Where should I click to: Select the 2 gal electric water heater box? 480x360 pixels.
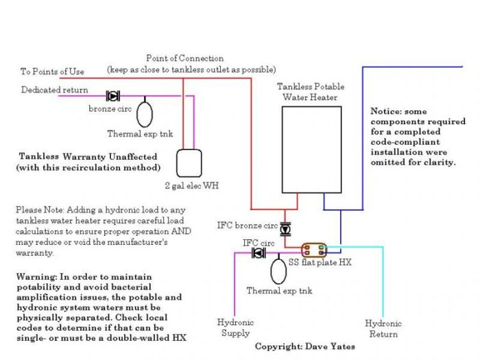tap(191, 163)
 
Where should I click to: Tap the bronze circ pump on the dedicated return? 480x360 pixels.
tap(112, 97)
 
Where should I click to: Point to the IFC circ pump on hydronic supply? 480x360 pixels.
tap(259, 254)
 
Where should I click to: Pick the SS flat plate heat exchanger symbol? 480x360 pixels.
tap(315, 250)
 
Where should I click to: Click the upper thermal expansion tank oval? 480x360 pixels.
tap(145, 112)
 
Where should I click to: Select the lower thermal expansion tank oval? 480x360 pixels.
tap(278, 270)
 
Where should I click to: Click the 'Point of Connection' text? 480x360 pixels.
tap(185, 59)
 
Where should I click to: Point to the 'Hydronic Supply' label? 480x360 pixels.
tap(235, 328)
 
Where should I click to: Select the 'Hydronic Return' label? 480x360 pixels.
tap(383, 328)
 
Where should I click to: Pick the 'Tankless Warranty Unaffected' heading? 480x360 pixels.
tap(88, 156)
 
